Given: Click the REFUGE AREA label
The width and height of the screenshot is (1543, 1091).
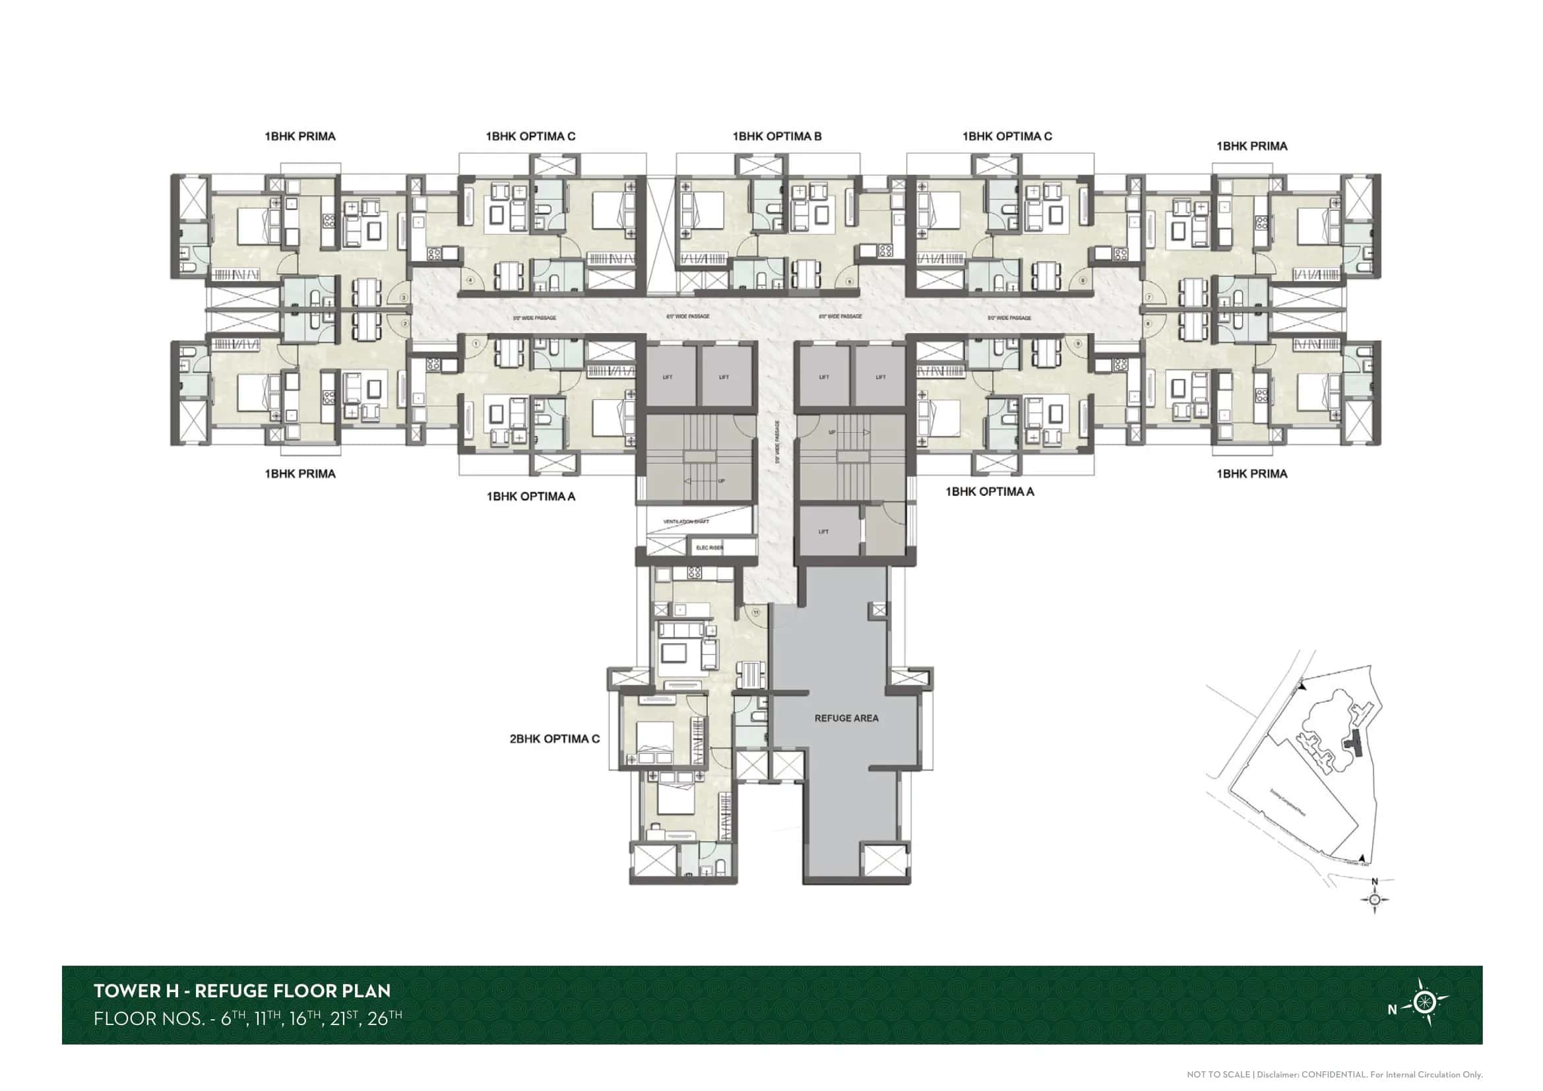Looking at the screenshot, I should tap(846, 718).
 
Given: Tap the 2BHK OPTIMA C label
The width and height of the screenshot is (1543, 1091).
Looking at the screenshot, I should tap(554, 739).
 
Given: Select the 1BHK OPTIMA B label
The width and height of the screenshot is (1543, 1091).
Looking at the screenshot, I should tap(777, 137).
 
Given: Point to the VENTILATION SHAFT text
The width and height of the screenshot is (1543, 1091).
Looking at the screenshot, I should tap(685, 521).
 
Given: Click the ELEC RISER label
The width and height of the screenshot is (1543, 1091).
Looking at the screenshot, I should tap(709, 547).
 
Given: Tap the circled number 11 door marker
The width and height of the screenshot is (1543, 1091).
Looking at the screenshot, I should tap(756, 613).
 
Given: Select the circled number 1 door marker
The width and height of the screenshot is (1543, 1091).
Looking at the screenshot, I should tap(476, 343).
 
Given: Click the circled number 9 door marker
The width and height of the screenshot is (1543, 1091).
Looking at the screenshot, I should tap(1078, 343).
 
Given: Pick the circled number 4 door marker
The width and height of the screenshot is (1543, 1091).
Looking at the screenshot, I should tap(471, 280).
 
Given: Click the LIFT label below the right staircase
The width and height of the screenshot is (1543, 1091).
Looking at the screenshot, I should tap(823, 532).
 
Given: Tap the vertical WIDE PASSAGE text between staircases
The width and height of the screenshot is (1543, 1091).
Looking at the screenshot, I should tap(778, 443).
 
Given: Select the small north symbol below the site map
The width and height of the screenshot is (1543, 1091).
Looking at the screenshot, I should tap(1374, 899).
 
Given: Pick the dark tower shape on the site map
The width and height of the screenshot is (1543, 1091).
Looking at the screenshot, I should tap(1350, 743).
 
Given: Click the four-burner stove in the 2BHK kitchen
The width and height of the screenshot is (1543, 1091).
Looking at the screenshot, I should tap(694, 573).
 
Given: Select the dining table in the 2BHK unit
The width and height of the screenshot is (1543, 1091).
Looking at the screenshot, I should tap(751, 674).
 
